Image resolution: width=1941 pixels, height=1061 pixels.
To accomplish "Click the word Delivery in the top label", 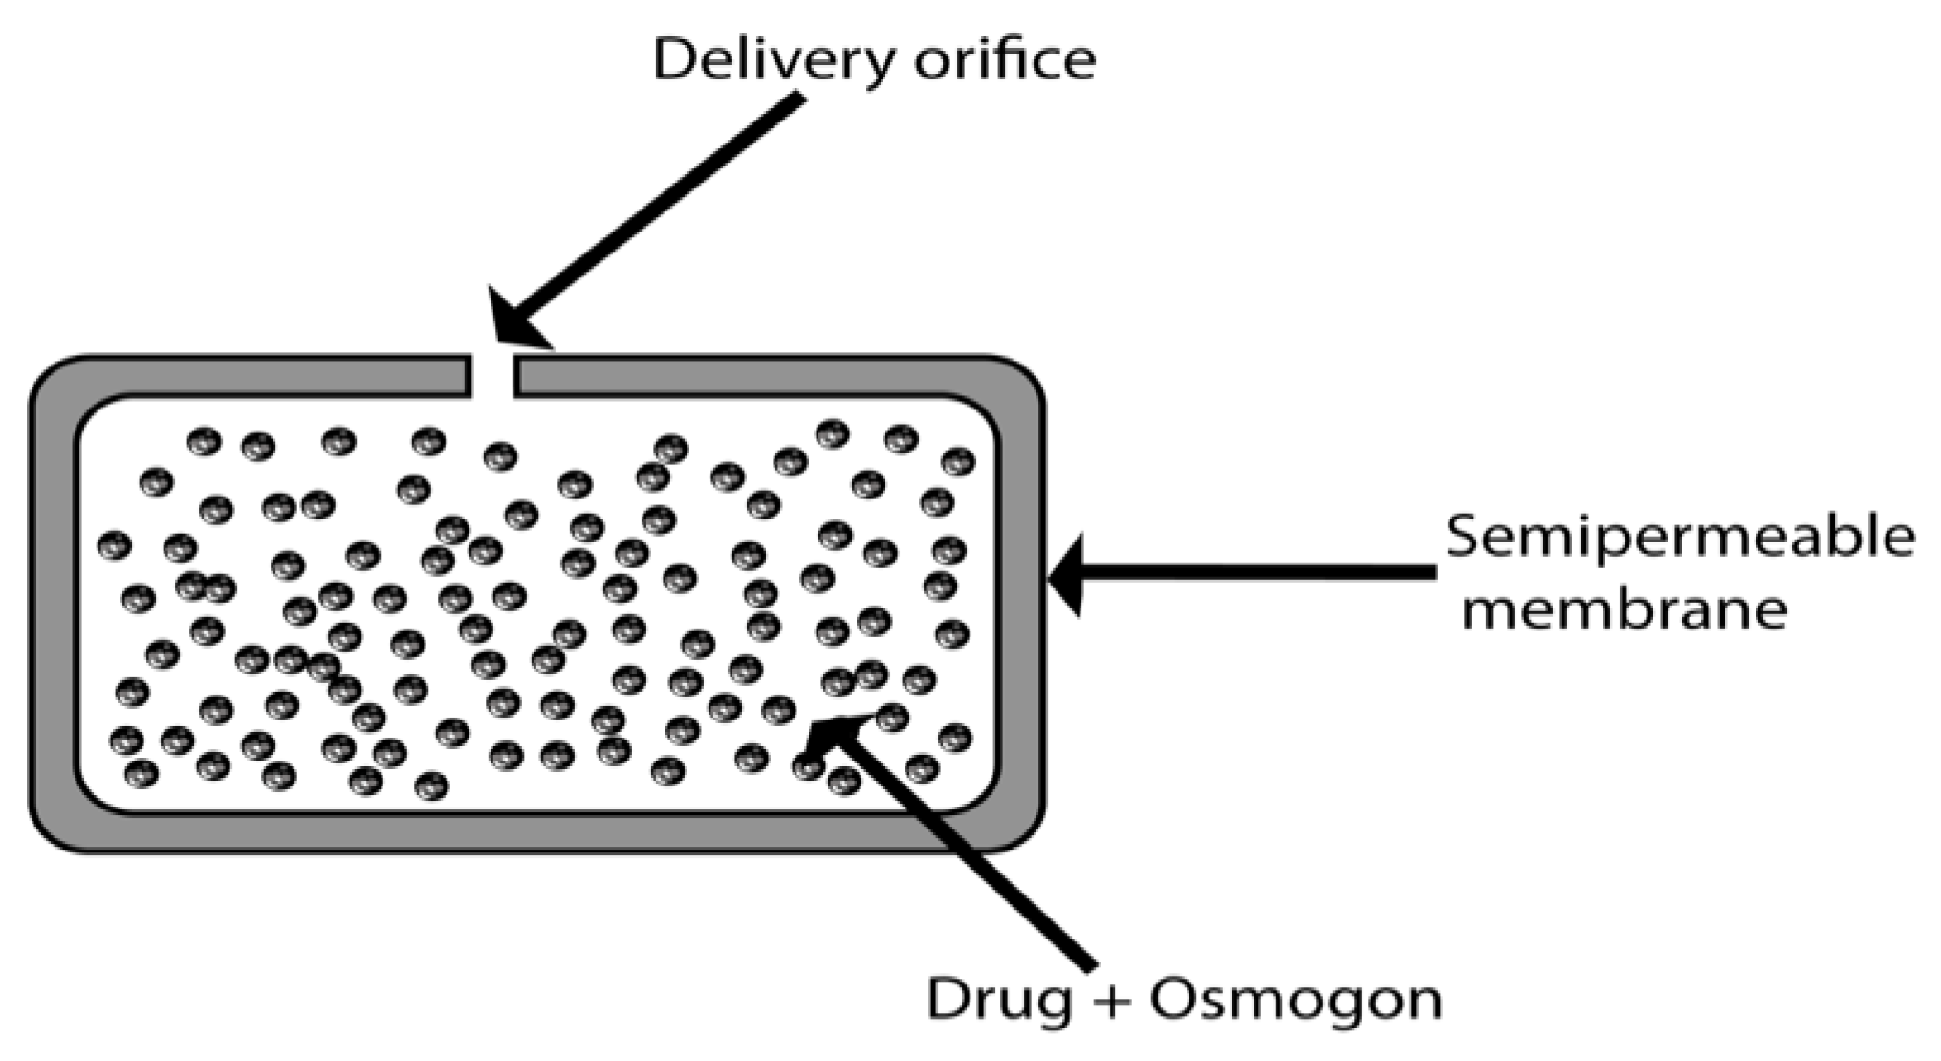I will tap(774, 59).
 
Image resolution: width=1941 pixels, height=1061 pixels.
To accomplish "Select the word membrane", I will tap(1623, 609).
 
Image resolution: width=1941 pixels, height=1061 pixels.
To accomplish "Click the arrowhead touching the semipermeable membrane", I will tap(1069, 576).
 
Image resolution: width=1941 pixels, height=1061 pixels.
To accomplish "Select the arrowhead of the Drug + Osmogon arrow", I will tap(834, 738).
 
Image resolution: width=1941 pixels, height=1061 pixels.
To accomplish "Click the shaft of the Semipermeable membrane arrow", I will tap(1262, 573).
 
